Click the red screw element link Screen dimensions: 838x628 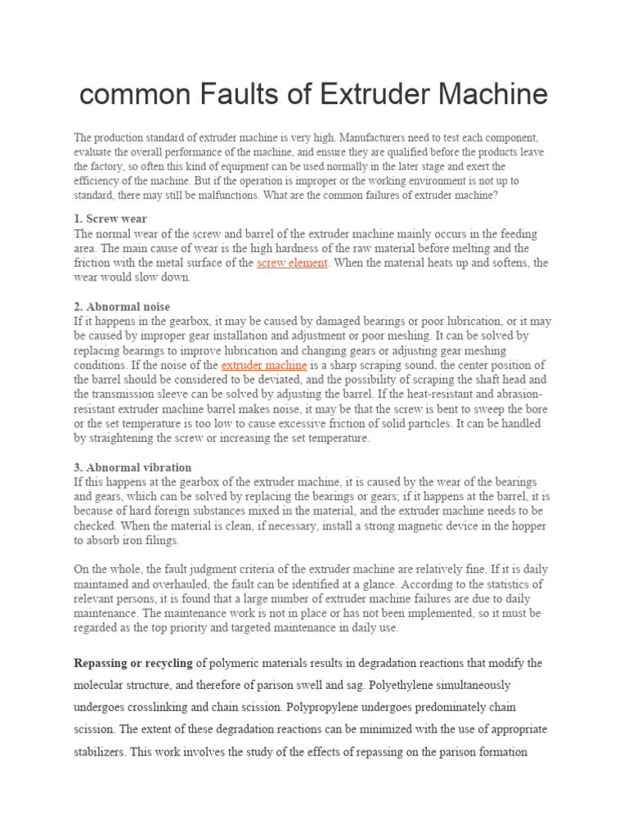point(292,263)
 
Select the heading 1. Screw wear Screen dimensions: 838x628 point(110,219)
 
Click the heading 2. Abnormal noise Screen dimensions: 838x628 point(122,307)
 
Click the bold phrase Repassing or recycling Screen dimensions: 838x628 point(133,662)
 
